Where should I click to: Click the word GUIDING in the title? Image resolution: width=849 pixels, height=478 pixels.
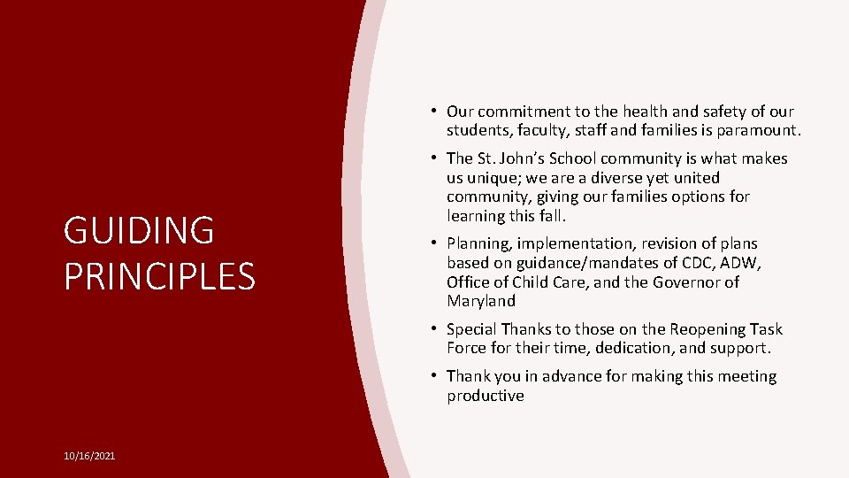139,231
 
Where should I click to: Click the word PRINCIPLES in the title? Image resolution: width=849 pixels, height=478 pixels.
159,276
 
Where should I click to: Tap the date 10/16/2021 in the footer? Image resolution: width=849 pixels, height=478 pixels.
89,456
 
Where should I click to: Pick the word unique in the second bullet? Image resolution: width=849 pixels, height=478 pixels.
502,178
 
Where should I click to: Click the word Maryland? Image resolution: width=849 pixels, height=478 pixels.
481,302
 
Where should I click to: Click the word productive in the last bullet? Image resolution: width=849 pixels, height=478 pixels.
485,396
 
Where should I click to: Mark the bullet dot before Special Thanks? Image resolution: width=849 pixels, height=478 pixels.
436,328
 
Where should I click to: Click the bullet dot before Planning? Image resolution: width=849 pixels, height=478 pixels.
436,243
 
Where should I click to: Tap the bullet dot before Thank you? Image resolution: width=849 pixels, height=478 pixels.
436,376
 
